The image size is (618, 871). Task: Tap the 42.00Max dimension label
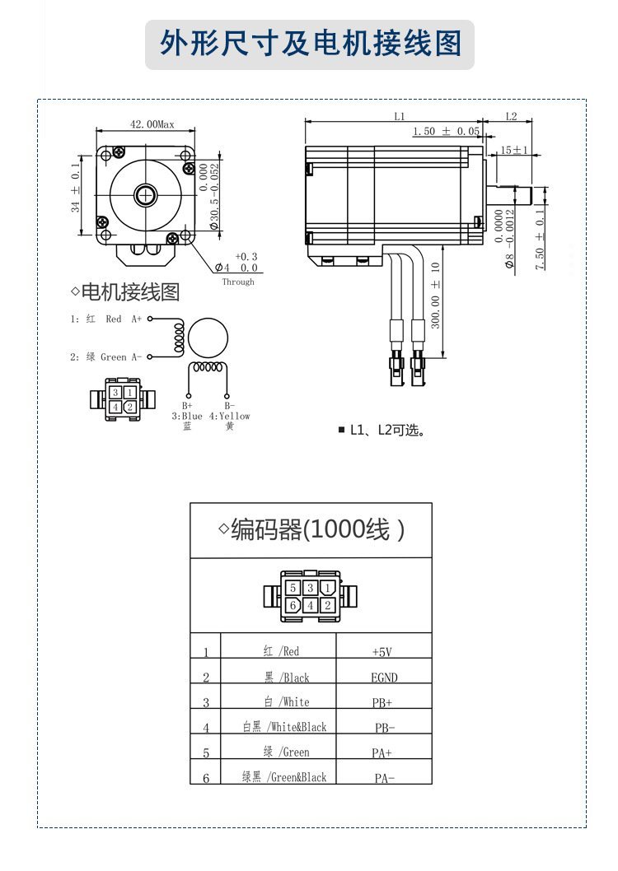tap(152, 124)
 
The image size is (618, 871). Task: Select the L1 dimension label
tap(399, 117)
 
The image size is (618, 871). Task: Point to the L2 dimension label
tap(511, 117)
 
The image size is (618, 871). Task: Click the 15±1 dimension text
tap(515, 151)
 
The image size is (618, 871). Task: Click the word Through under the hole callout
tap(238, 282)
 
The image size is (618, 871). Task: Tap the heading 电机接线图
tap(129, 291)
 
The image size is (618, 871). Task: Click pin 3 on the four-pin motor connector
tap(116, 393)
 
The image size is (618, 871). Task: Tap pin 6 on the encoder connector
tap(293, 605)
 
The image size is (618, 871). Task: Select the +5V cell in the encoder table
tap(382, 652)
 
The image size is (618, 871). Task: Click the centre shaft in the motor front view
tap(147, 195)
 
